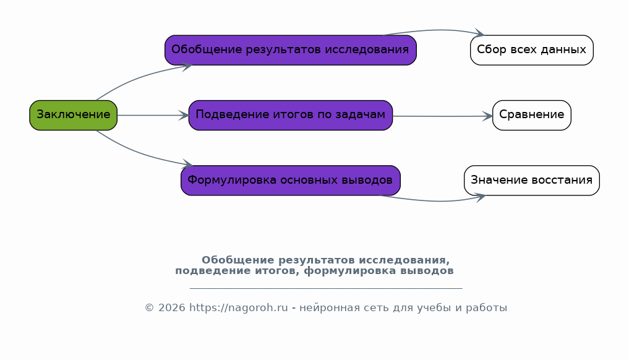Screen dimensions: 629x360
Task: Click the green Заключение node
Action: click(x=74, y=115)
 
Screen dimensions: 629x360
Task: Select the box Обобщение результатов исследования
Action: click(x=291, y=50)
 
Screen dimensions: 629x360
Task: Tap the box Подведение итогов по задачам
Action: click(x=291, y=115)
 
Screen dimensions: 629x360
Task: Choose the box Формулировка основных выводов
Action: click(x=291, y=181)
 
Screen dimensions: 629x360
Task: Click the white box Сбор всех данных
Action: click(x=531, y=50)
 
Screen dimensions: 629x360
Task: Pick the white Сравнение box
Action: click(x=531, y=115)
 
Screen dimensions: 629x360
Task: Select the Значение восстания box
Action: click(x=531, y=181)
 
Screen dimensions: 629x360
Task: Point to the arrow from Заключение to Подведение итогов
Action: click(x=153, y=116)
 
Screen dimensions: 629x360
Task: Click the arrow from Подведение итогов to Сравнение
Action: click(x=442, y=116)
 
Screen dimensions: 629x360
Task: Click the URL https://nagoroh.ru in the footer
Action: click(x=238, y=308)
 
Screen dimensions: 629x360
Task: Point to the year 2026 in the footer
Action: click(x=172, y=308)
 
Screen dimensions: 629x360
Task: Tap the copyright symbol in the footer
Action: click(x=149, y=308)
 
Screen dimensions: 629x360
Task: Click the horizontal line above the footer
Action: click(x=326, y=288)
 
